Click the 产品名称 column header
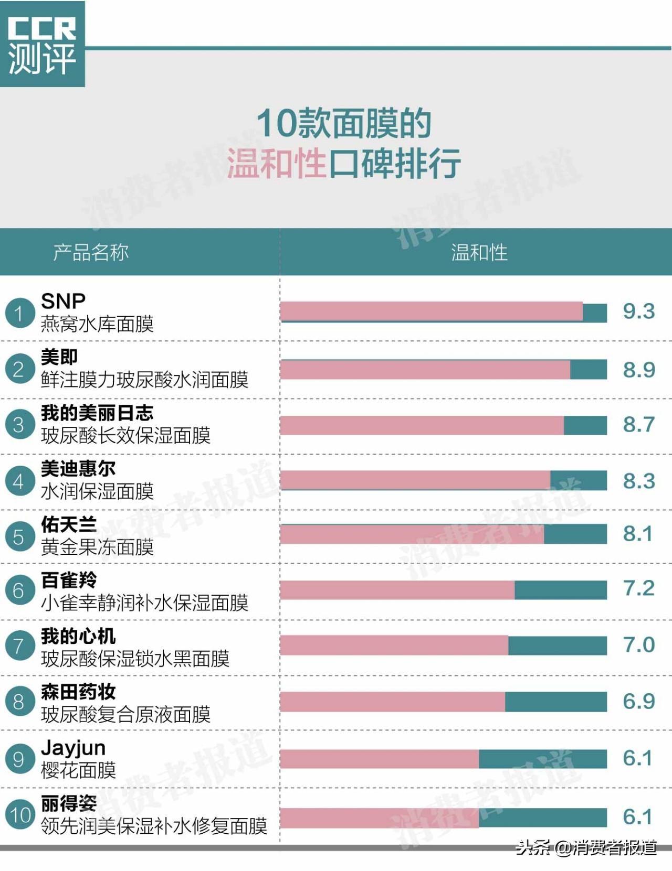[x=91, y=252]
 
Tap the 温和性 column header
[x=479, y=252]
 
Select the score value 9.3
[x=638, y=311]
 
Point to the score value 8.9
[x=638, y=370]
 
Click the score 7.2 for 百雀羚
[x=638, y=588]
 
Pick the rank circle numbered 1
[x=19, y=313]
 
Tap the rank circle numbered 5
[x=19, y=536]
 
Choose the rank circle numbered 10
[x=20, y=815]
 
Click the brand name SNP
[x=63, y=301]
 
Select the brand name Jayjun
[x=73, y=747]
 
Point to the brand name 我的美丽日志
[x=97, y=413]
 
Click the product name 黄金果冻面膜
[x=97, y=547]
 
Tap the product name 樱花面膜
[x=78, y=770]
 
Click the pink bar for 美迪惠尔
[x=415, y=480]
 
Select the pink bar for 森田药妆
[x=392, y=702]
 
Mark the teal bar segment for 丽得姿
[x=542, y=817]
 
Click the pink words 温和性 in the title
[x=277, y=163]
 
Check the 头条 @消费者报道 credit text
[x=586, y=847]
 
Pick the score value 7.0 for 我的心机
[x=638, y=644]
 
